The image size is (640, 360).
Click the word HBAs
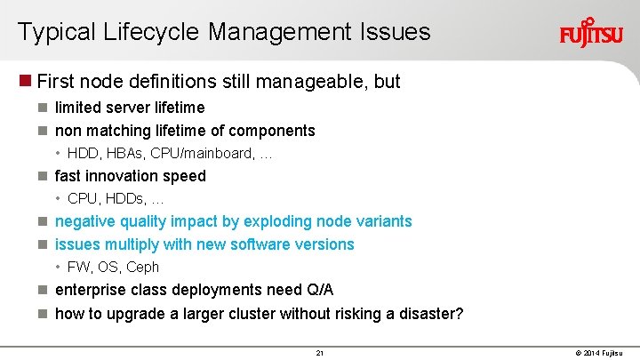(122, 153)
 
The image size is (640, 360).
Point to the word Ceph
(143, 267)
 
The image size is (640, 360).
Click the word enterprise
(93, 290)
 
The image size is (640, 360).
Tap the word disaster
(429, 313)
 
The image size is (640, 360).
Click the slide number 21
(320, 353)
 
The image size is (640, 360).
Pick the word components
(271, 131)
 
